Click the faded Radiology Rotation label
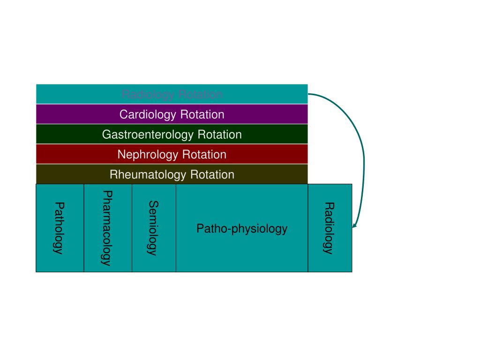tap(172, 94)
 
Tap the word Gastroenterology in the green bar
tap(148, 135)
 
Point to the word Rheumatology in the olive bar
tap(148, 175)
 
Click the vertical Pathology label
tap(59, 228)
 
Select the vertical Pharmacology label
tap(107, 228)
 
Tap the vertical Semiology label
tap(153, 228)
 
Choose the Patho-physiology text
tap(241, 229)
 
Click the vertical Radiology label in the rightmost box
tap(329, 228)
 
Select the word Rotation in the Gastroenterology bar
tap(219, 135)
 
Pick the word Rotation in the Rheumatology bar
tap(212, 175)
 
